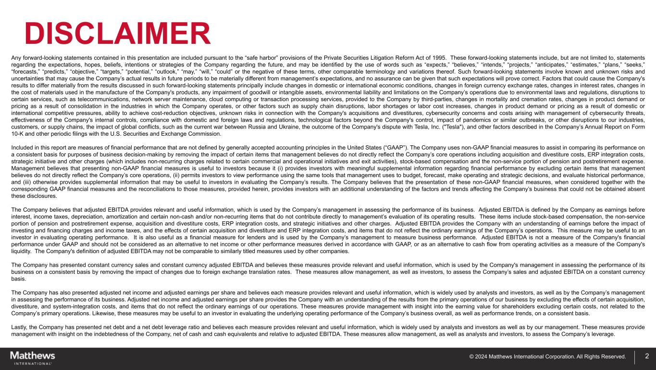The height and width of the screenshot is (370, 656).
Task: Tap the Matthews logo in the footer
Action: click(x=33, y=357)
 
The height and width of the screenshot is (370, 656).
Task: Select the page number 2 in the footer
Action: click(x=647, y=357)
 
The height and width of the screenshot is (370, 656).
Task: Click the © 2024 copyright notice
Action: click(x=547, y=357)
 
